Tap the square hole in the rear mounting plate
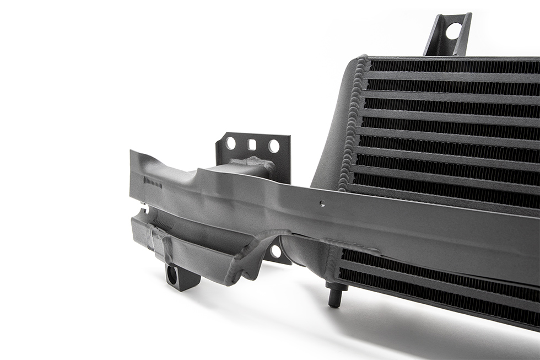252,145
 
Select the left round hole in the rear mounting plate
230,143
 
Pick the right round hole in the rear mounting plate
274,146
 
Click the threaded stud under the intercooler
334,294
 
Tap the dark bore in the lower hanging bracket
172,275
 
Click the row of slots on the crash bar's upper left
153,182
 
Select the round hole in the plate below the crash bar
276,252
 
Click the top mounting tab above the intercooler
447,34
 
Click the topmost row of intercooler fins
452,66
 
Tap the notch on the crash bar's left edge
145,208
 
